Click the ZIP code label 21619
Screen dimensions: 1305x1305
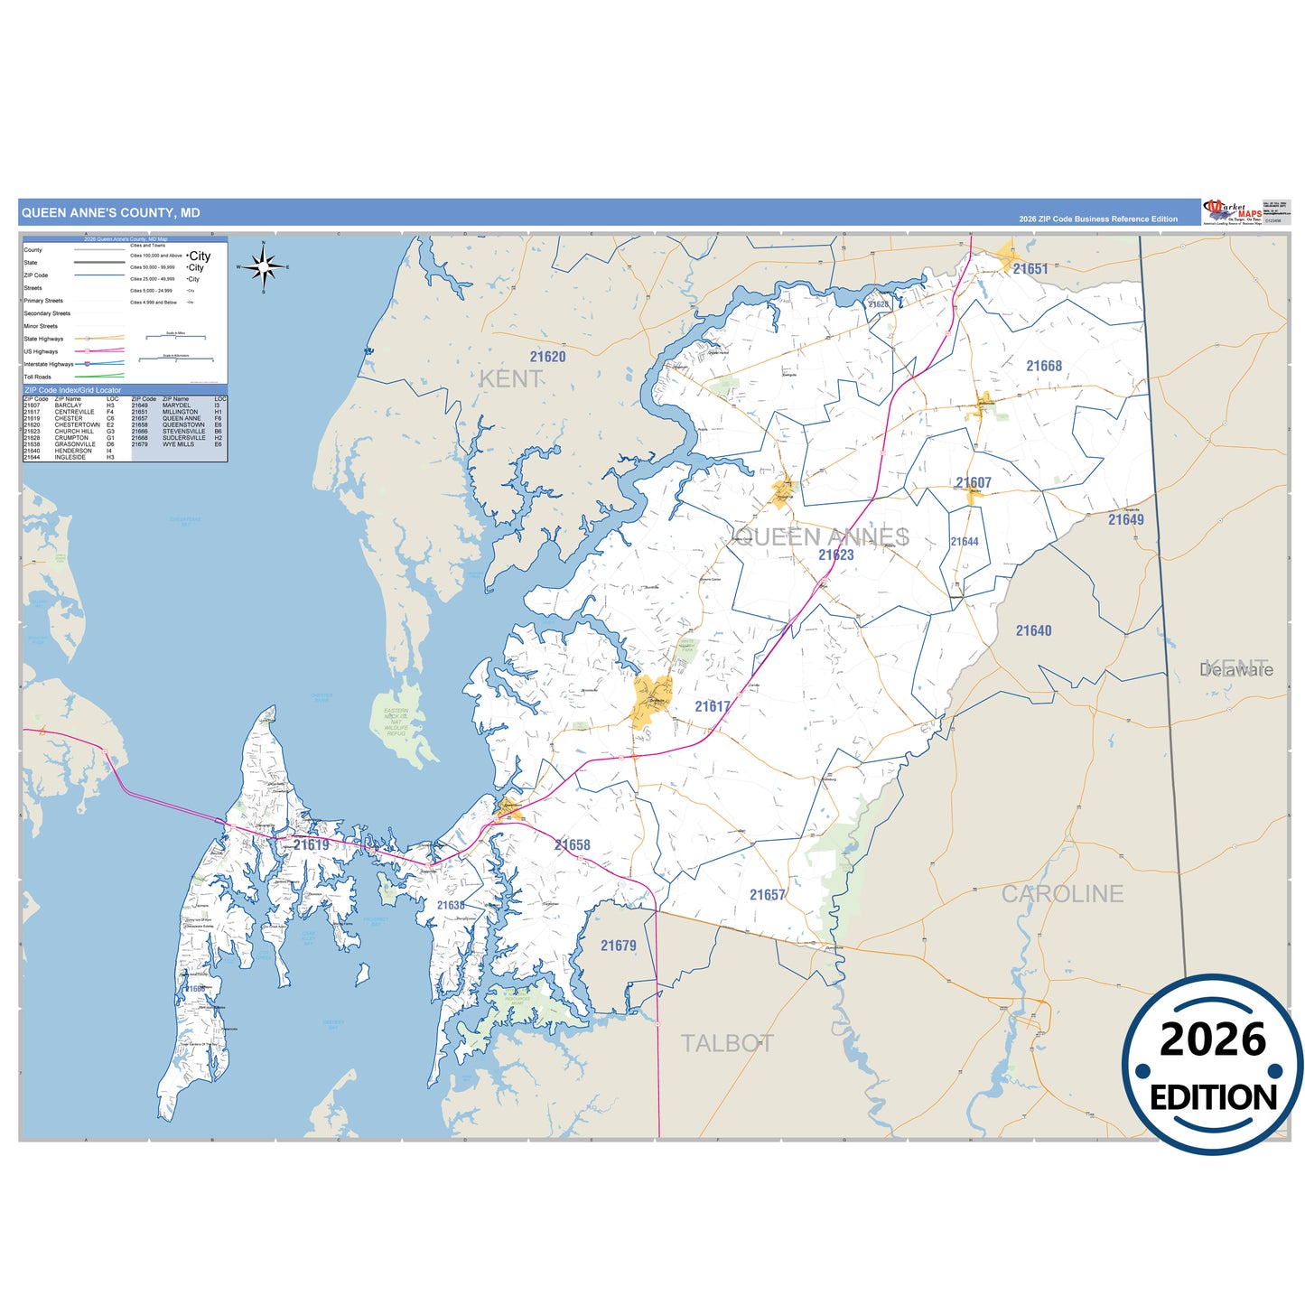pos(312,844)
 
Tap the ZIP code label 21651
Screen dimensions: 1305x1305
pos(1030,269)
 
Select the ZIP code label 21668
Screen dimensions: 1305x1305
pos(1044,366)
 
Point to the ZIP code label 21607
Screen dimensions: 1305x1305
pos(974,483)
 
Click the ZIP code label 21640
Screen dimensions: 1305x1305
pos(1033,631)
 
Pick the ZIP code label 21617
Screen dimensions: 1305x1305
pos(713,706)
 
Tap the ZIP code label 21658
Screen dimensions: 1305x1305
pos(573,845)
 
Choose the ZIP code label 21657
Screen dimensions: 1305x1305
pos(768,895)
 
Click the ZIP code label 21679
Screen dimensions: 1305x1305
pos(619,946)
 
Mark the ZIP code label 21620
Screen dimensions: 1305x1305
pos(548,357)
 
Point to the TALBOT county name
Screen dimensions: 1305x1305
pos(727,1044)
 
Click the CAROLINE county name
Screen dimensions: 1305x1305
pos(1062,894)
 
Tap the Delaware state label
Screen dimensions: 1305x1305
pos(1236,670)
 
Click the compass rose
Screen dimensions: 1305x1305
pos(263,266)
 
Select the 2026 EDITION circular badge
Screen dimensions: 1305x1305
pos(1213,1065)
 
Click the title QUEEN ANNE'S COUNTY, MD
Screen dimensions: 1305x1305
pos(111,213)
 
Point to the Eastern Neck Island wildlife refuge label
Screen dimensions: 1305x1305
pos(396,722)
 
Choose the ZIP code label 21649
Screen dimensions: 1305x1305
pos(1126,519)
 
